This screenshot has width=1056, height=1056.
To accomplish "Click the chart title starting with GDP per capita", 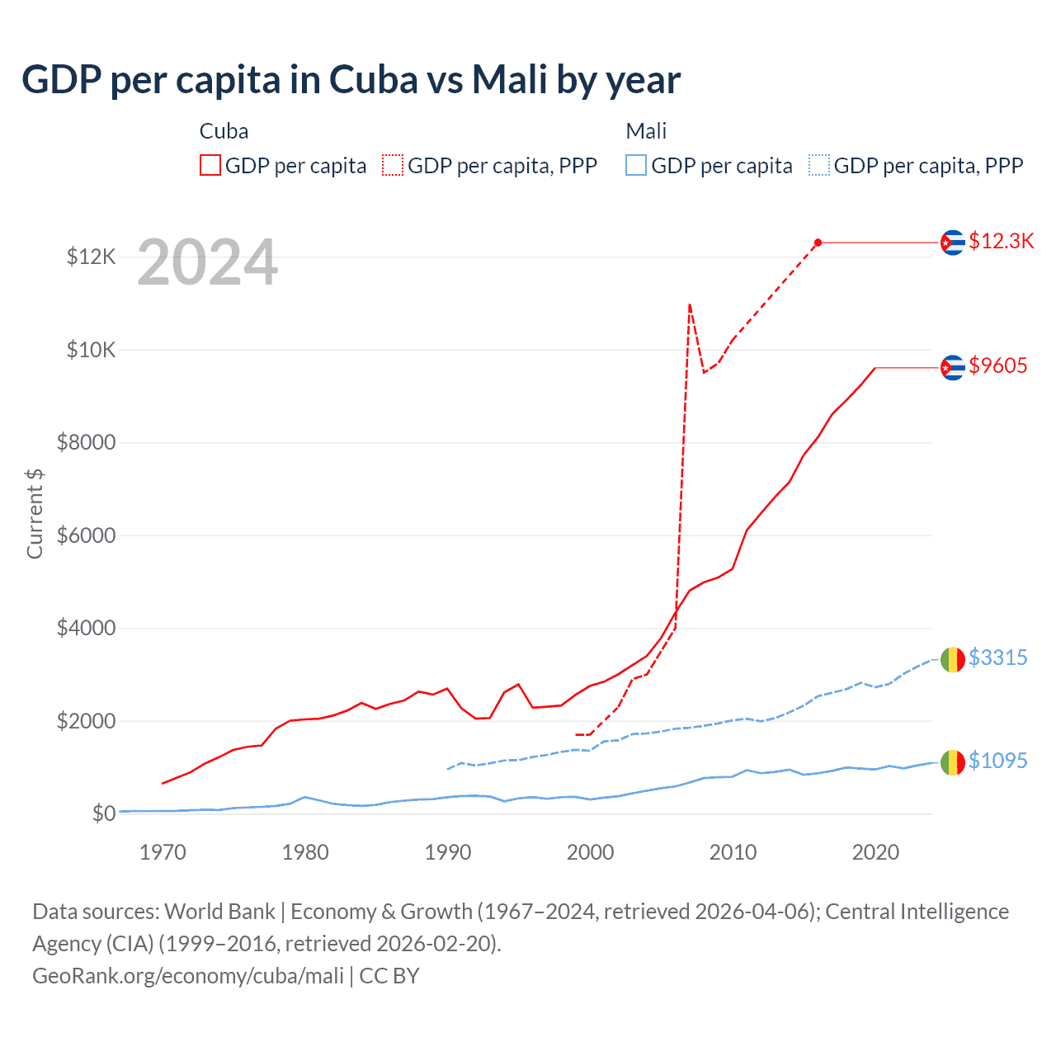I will [351, 80].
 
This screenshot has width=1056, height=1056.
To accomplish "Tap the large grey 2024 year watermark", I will [207, 263].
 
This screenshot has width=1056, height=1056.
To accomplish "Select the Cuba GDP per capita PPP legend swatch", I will [393, 166].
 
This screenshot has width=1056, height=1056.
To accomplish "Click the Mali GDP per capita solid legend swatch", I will [636, 166].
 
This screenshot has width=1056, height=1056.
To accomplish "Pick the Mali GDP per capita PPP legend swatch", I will [819, 166].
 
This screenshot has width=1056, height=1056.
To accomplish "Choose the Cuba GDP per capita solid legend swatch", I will [210, 166].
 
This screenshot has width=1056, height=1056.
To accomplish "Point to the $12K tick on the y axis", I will [91, 257].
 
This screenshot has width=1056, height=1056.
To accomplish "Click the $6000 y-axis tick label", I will [86, 535].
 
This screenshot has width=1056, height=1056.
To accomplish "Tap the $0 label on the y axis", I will [103, 813].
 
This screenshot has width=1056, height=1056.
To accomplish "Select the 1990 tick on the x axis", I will [448, 852].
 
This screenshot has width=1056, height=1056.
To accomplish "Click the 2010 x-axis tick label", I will [733, 852].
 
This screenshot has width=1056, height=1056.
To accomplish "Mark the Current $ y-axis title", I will [35, 513].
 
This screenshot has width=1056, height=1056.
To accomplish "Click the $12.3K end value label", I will [1001, 241].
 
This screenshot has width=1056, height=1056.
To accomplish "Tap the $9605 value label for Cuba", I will [997, 365].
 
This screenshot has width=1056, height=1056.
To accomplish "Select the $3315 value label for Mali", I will [997, 658].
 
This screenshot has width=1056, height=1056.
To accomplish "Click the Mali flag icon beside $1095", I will [953, 762].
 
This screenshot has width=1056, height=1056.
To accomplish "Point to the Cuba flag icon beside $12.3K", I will [953, 243].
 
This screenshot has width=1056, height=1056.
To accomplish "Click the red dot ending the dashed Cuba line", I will [818, 243].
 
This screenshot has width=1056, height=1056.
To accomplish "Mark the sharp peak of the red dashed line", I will [689, 304].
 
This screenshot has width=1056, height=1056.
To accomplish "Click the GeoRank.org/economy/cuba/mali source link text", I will [188, 976].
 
